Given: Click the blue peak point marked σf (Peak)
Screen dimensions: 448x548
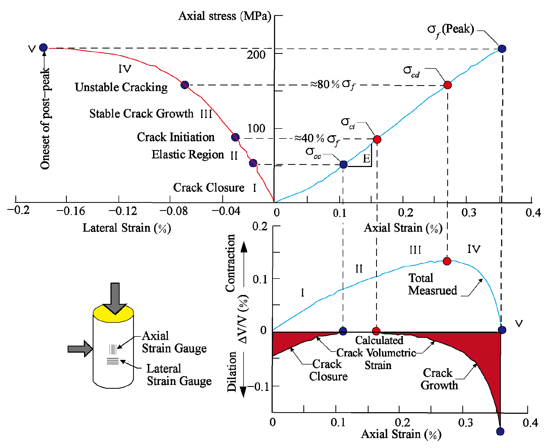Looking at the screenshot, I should point(502,49).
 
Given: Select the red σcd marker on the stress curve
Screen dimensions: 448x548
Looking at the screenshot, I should point(448,85).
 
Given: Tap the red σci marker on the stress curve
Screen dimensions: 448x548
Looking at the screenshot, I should point(377,139).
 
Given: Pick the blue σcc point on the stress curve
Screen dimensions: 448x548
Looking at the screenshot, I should point(343,164).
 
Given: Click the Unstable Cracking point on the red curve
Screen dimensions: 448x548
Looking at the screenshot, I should point(185,85).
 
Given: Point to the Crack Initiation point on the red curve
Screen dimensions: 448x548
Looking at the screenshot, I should point(235,137).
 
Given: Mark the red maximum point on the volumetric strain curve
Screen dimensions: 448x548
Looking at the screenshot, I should point(447,261).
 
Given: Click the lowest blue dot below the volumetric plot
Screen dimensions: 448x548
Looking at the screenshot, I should point(500,431).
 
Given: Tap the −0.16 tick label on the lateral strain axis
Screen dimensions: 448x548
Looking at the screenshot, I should point(71,211).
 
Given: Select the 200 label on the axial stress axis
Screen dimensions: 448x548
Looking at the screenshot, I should point(256,55).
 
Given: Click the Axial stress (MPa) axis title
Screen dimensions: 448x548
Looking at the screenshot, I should point(224,16).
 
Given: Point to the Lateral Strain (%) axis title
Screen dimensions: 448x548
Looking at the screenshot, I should point(127,228).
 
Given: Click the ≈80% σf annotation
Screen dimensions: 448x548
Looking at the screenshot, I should point(333,85).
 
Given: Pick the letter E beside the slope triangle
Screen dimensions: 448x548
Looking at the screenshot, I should point(366,158).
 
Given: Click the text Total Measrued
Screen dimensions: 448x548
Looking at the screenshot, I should point(432,284).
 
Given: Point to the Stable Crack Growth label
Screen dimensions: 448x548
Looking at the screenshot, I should point(141,114).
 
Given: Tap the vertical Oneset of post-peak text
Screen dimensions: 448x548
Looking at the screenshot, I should point(45,119).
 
